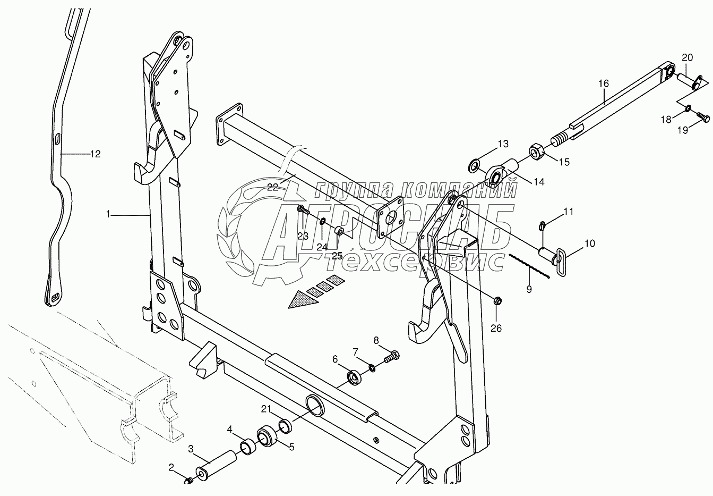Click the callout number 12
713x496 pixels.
pos(95,154)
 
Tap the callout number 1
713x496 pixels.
pos(108,214)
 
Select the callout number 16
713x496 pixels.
pos(603,83)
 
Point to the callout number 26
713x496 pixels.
pos(496,328)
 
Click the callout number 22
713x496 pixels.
pos(273,187)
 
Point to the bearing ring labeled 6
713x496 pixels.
pos(354,377)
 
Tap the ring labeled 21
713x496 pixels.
pos(285,425)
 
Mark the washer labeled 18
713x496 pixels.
pos(688,109)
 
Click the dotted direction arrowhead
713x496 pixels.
pos(303,300)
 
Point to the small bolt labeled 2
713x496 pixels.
pos(188,481)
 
